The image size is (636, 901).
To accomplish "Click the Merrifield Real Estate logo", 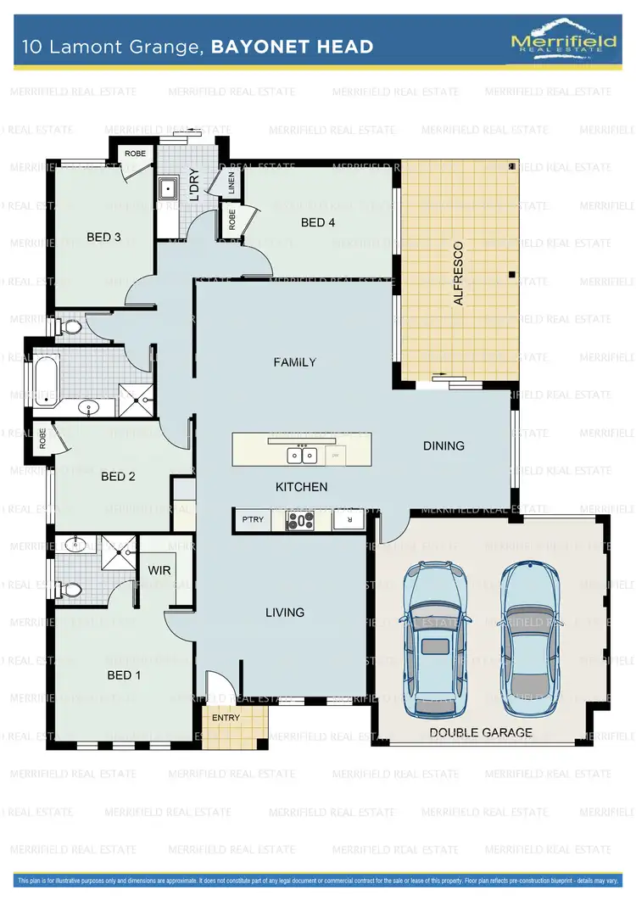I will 561,38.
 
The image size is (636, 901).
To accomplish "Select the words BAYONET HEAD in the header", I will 292,47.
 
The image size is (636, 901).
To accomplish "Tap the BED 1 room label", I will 124,675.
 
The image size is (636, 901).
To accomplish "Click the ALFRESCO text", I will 459,273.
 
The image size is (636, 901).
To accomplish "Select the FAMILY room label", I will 294,362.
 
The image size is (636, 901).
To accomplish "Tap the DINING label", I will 444,445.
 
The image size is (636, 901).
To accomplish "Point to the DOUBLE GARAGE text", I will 481,732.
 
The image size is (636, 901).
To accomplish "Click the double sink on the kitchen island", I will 302,455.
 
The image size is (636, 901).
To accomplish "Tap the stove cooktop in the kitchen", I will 300,520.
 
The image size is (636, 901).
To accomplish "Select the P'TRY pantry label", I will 252,520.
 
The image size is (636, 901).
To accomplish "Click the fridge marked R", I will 347,520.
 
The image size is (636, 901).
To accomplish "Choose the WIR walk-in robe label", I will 160,570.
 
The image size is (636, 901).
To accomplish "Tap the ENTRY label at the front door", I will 226,718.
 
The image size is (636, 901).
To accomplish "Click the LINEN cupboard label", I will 231,182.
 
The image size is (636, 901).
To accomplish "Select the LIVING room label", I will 285,613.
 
